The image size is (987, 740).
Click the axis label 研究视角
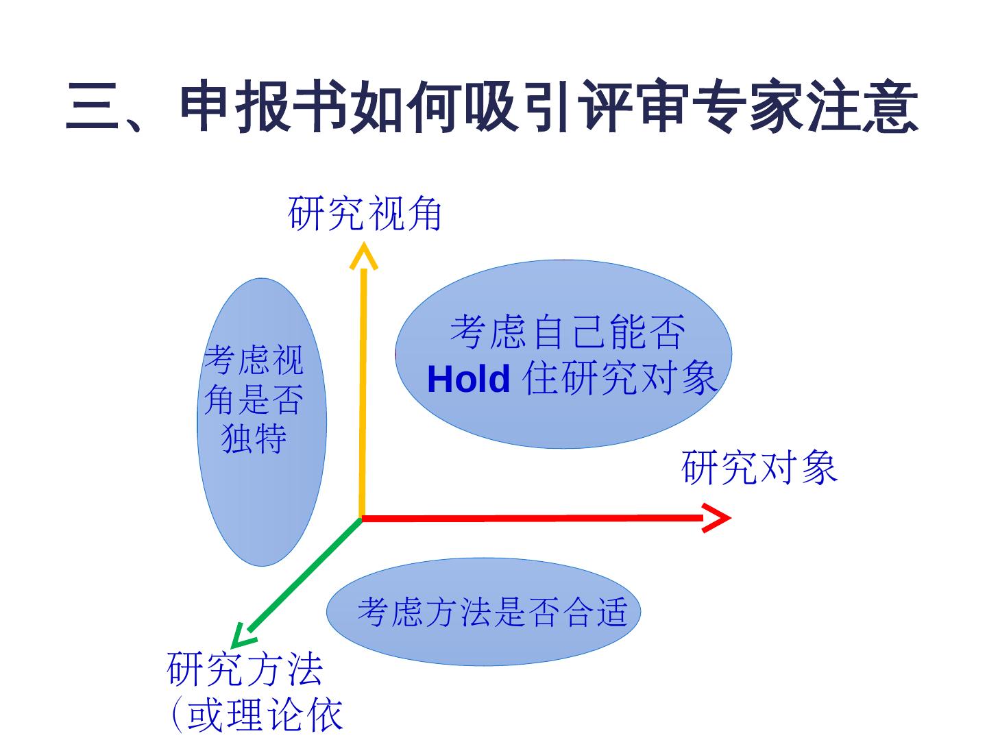365,214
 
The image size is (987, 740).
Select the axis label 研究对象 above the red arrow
759,468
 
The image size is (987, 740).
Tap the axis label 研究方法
245,669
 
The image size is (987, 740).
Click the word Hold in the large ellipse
468,379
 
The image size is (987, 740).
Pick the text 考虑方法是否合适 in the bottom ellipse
492,611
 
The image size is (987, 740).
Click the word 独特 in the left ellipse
254,439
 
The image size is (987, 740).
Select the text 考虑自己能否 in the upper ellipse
568,332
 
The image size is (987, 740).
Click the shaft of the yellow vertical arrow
363,391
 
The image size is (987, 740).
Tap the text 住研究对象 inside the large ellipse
620,379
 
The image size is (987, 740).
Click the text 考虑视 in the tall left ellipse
254,360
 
